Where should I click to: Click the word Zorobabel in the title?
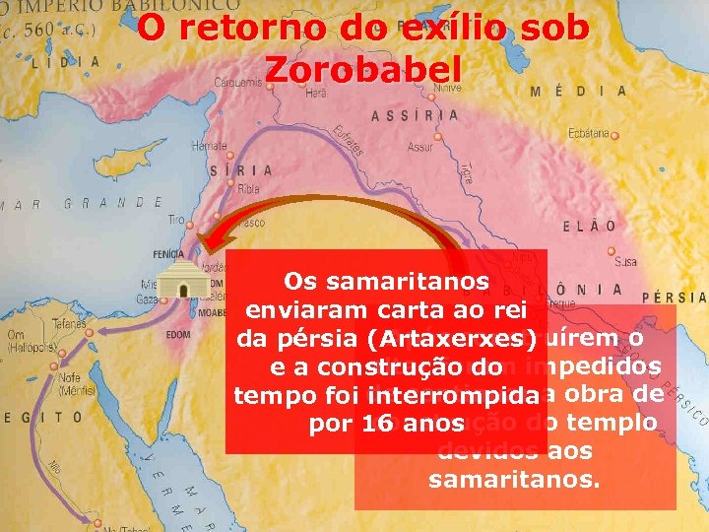tap(363, 71)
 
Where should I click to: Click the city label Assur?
tap(420, 147)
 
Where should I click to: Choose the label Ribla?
tap(249, 186)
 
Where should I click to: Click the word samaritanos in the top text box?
tap(387, 281)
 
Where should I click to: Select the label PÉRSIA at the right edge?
tap(674, 297)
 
